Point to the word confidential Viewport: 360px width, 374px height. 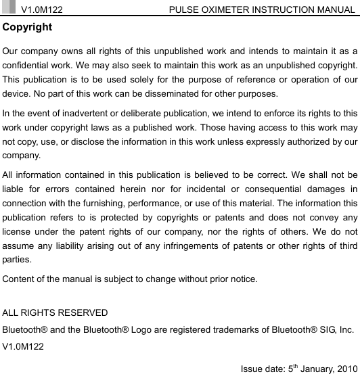pyautogui.click(x=28, y=66)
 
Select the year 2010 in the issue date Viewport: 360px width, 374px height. pyautogui.click(x=344, y=367)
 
